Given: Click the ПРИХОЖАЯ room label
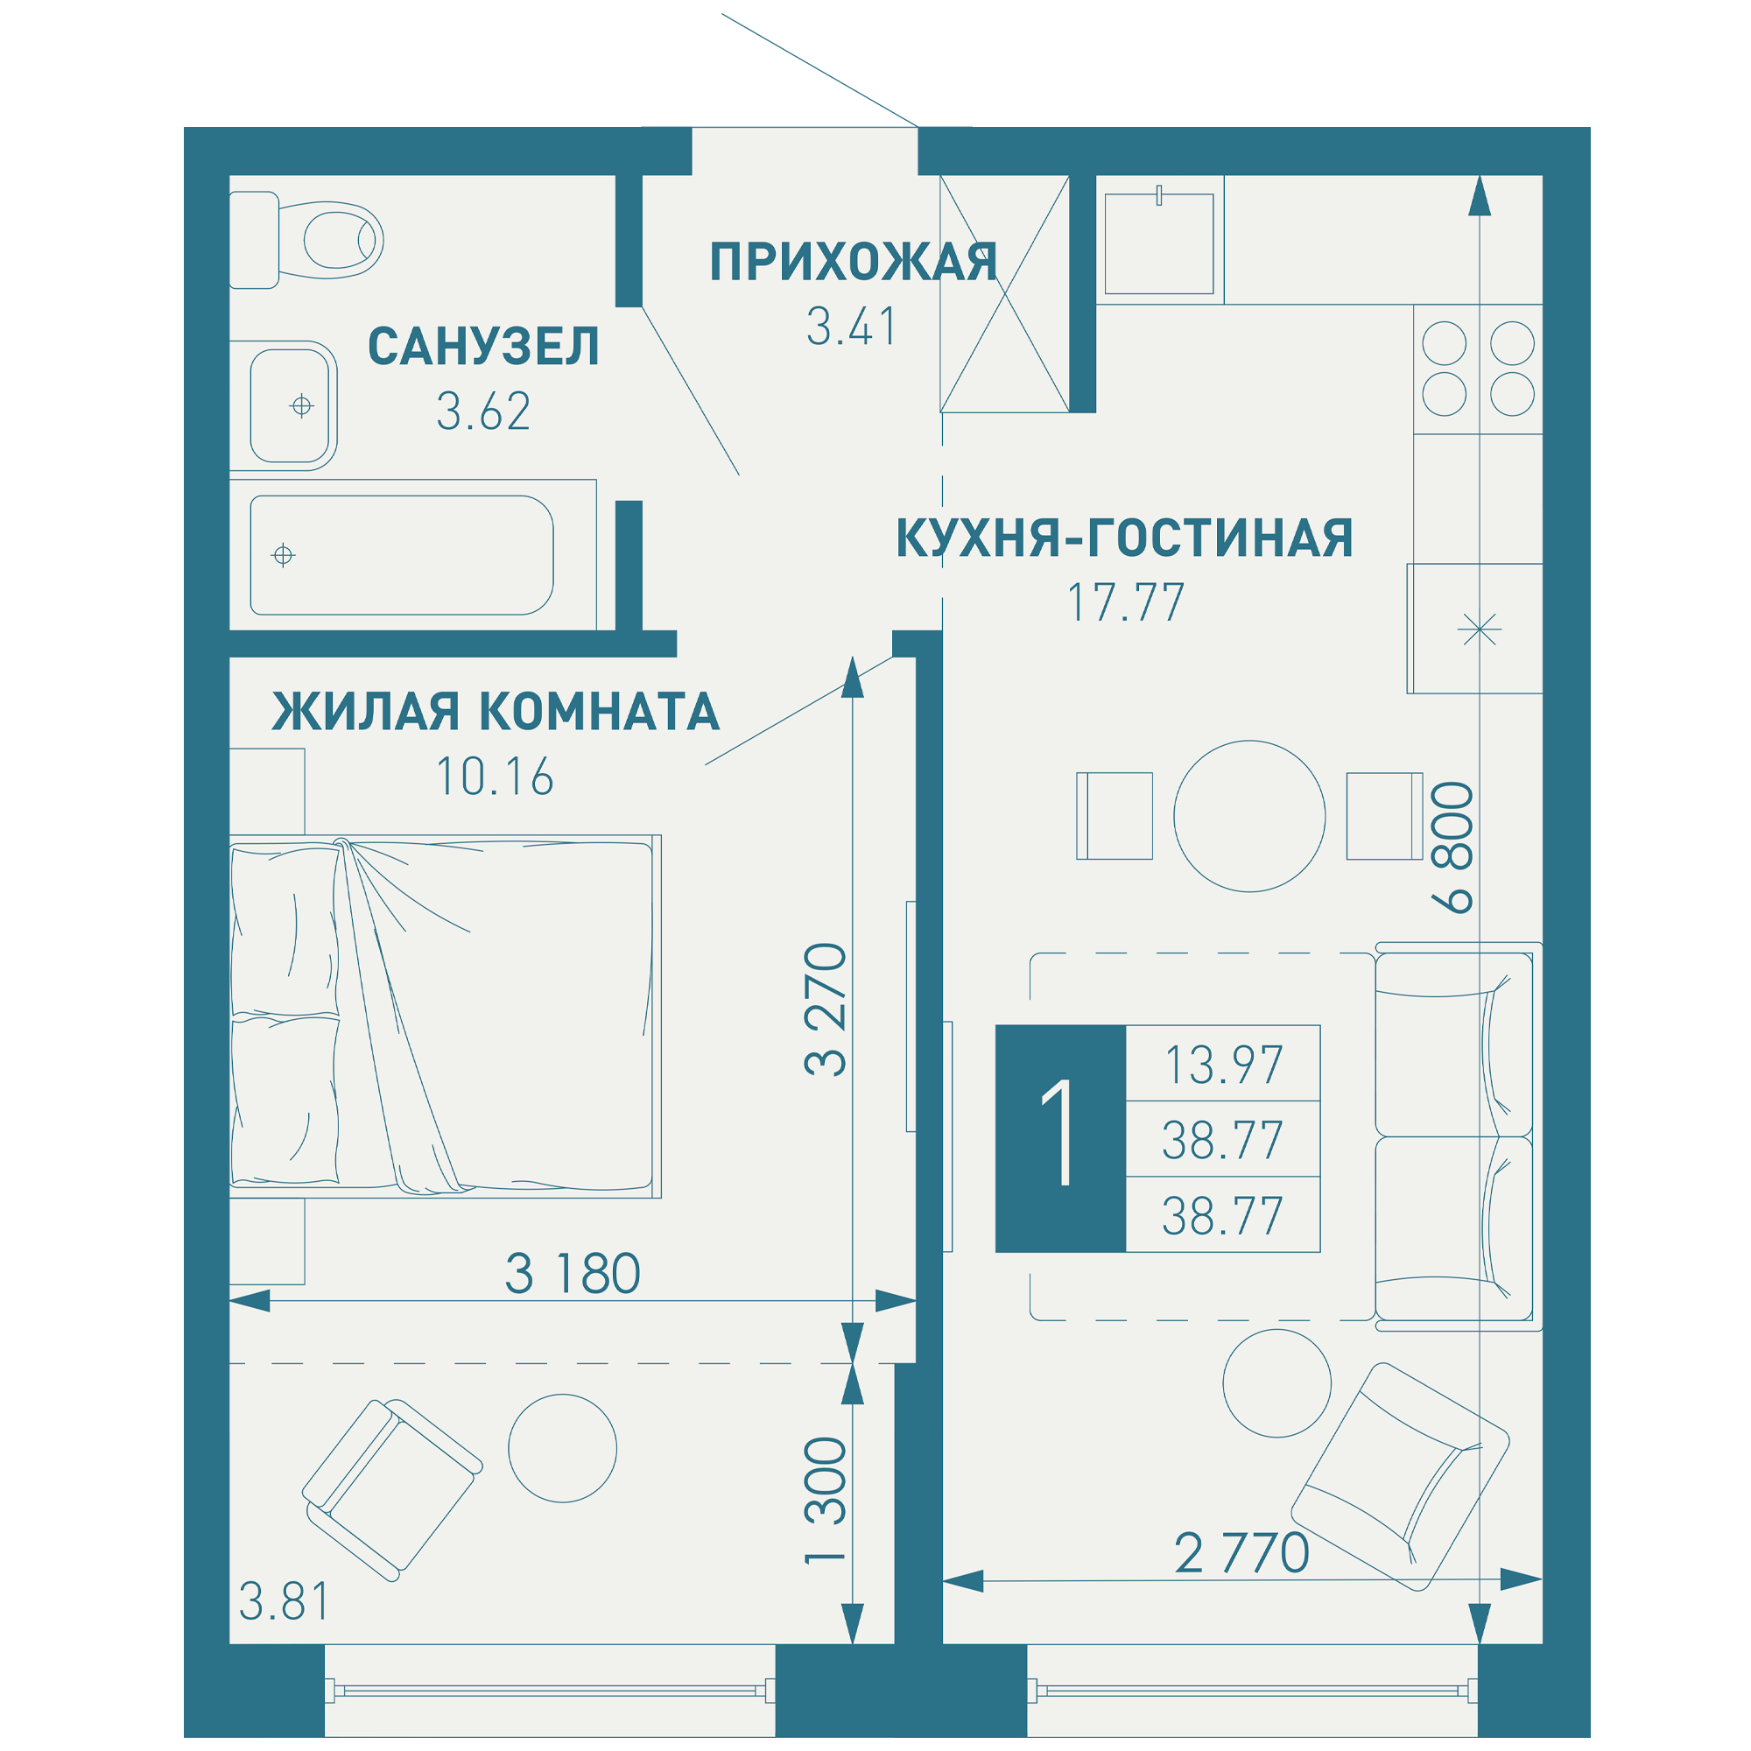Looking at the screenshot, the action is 853,262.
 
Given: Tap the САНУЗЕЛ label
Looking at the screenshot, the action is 483,347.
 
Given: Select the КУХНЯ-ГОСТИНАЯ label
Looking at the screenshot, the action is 1125,538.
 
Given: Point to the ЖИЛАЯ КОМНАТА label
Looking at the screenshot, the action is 496,712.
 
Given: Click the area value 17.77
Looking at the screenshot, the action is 1126,602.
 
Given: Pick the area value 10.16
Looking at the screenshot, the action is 495,777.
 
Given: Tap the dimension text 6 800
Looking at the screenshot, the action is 1452,847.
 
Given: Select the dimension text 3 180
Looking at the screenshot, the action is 573,1273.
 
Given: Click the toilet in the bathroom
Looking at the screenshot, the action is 306,240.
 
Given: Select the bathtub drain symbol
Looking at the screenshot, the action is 284,555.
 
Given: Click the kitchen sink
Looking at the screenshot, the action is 1159,243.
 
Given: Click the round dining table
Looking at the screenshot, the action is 1249,816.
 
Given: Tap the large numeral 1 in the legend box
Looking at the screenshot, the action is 1058,1132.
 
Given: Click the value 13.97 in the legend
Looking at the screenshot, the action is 1224,1065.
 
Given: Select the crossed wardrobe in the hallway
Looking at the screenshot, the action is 1004,293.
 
